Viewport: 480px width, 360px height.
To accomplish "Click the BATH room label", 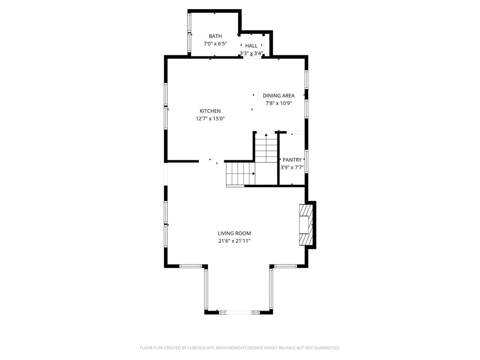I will [215, 36].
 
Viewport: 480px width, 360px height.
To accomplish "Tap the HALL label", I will [251, 46].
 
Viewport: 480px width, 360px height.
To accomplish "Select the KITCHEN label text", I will [210, 111].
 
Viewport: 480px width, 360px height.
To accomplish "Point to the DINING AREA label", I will [279, 96].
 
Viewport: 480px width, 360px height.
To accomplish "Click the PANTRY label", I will [292, 160].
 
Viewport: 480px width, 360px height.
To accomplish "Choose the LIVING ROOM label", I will [234, 233].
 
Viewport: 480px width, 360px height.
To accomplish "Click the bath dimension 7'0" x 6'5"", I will [215, 43].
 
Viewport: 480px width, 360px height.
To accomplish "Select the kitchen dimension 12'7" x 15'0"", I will [210, 118].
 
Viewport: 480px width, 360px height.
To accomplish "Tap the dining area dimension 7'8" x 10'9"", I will [279, 103].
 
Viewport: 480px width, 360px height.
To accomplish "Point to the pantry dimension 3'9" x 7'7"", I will [292, 168].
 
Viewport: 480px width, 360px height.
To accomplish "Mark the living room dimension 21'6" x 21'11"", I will [234, 241].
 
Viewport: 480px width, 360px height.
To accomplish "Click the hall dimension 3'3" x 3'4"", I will [251, 53].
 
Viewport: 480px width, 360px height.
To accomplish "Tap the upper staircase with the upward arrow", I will [266, 148].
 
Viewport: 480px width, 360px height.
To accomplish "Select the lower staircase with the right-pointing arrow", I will [240, 174].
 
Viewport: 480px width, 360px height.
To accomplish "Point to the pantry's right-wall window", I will [306, 161].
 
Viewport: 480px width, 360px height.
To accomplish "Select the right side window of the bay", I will [271, 289].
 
